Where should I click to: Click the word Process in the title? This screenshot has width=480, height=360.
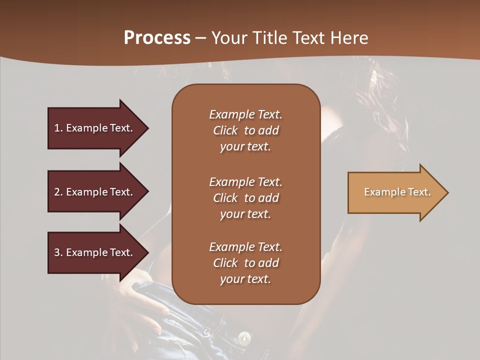157,38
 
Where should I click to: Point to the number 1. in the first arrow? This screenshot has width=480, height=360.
58,128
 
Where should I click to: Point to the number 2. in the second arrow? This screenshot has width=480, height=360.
58,192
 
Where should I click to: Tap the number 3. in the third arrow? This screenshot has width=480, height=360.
58,252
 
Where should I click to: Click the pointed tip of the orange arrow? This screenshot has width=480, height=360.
446,192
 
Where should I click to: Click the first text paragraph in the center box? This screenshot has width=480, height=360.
245,130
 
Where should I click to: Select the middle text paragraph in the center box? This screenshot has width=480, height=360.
245,197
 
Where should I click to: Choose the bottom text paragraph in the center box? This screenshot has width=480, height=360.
245,262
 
